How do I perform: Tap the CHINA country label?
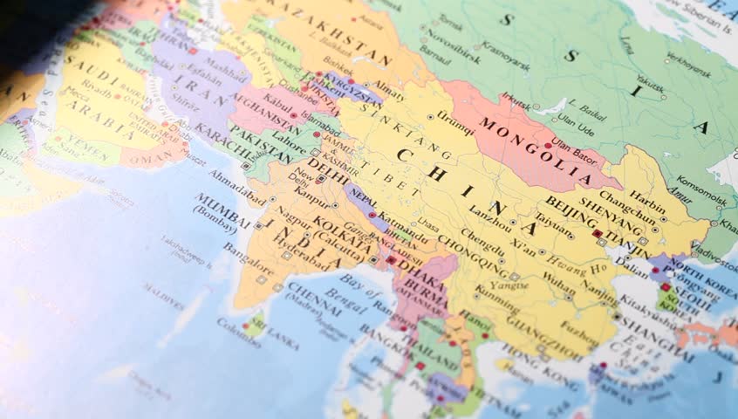454,188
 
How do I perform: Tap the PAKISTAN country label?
259,143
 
